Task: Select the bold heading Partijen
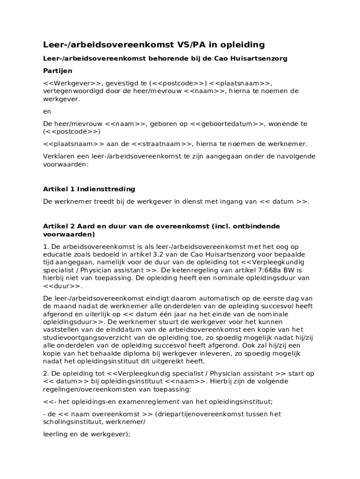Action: (58, 71)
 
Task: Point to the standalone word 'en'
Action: (47, 111)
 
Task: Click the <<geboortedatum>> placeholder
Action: (227, 123)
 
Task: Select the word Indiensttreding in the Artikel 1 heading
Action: (106, 189)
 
